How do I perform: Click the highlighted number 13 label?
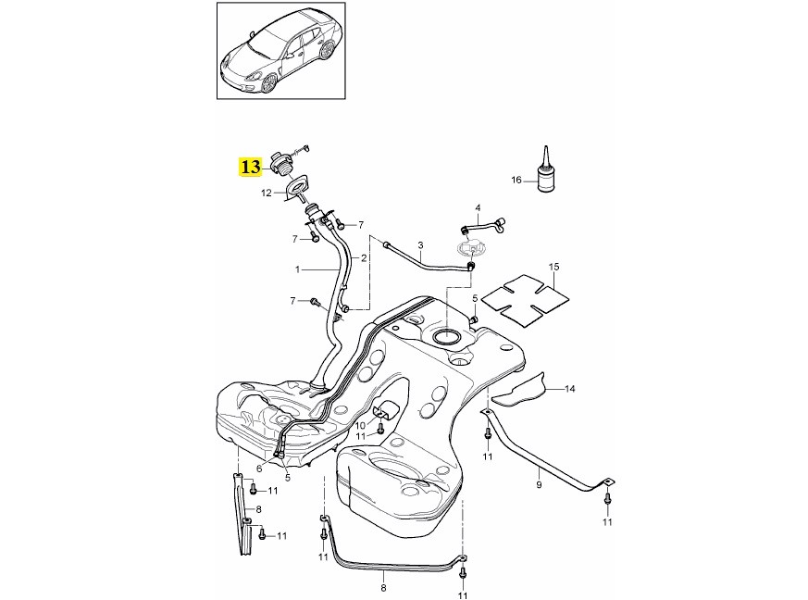tap(249, 168)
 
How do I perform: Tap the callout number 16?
tap(517, 179)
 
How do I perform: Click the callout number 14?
tap(569, 389)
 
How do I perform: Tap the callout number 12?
tap(266, 194)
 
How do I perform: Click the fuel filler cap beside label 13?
tap(283, 162)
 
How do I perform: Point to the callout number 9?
tap(539, 483)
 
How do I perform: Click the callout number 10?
tap(361, 425)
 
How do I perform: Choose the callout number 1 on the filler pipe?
tap(298, 269)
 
